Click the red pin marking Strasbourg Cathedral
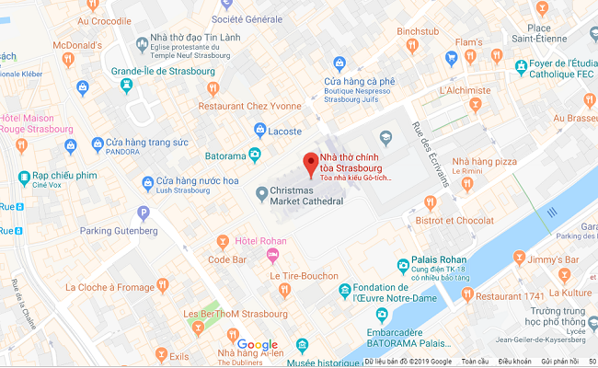click(310, 162)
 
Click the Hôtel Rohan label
click(261, 241)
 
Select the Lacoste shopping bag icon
click(261, 130)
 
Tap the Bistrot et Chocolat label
click(454, 220)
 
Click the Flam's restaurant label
click(468, 43)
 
